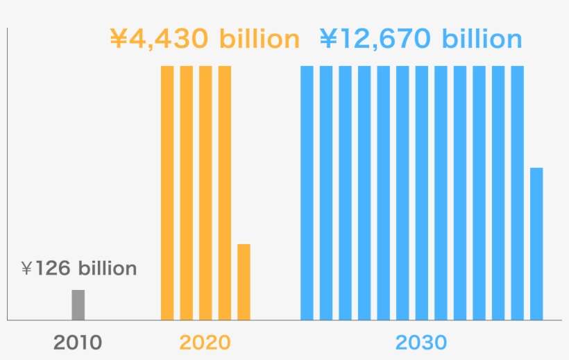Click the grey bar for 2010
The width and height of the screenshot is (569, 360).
coord(78,305)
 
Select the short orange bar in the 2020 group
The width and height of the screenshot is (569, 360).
coord(244,282)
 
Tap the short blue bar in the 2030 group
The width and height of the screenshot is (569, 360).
coord(536,243)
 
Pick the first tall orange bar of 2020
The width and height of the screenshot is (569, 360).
coord(167,192)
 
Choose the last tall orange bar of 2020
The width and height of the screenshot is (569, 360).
coord(224,192)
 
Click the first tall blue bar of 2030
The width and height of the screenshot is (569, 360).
coord(307,192)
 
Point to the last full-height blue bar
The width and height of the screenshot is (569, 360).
coord(517,192)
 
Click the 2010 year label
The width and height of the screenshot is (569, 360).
coord(78,342)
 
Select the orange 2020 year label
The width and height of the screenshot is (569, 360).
coord(205,342)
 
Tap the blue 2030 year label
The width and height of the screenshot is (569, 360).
coord(421,342)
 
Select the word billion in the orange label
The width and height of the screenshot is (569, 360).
coord(260,39)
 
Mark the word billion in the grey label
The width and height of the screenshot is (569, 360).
coord(108,268)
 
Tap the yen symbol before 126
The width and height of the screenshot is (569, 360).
coord(27,268)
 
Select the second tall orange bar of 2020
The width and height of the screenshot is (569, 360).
coord(187,192)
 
